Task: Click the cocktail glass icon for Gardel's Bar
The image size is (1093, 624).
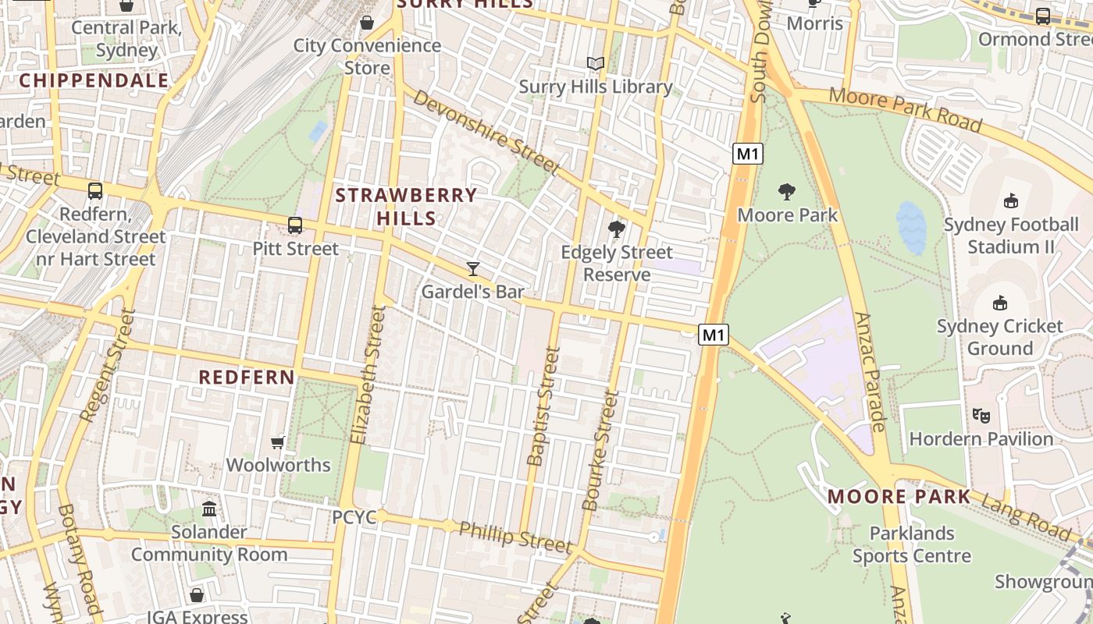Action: (472, 269)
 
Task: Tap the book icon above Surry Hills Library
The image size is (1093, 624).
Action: (596, 63)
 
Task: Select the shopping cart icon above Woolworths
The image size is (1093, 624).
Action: (277, 443)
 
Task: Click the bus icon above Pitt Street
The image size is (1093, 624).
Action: (295, 225)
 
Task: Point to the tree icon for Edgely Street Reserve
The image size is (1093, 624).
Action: (617, 229)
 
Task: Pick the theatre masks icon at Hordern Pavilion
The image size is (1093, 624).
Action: (981, 416)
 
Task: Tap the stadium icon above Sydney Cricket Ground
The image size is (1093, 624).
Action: (1000, 303)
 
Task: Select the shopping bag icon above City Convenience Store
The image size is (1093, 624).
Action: (367, 22)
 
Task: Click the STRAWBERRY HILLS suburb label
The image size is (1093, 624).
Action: (406, 206)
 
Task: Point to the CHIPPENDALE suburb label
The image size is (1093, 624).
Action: (94, 80)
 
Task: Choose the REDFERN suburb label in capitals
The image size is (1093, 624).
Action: (247, 378)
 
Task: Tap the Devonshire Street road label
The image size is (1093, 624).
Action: (486, 132)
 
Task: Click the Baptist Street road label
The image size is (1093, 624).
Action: (543, 406)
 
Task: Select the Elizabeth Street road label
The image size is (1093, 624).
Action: (368, 374)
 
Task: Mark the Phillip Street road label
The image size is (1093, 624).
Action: (515, 537)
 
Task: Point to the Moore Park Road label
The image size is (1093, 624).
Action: (906, 109)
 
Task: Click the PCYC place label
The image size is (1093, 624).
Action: (354, 517)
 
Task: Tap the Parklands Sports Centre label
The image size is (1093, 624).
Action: (912, 544)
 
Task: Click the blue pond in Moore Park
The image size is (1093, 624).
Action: (911, 227)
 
